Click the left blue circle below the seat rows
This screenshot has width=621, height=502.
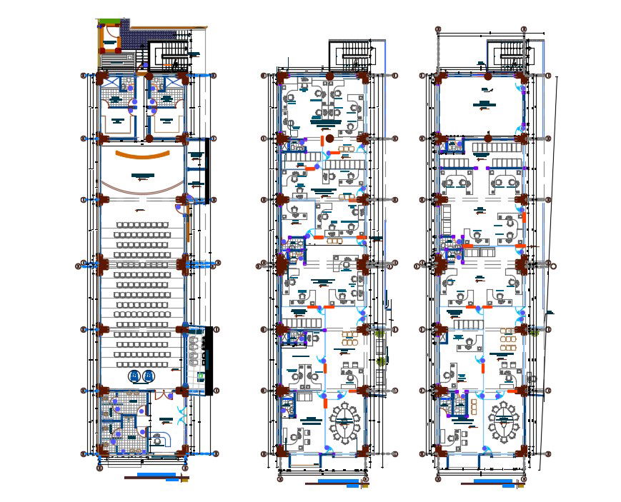pyautogui.click(x=134, y=376)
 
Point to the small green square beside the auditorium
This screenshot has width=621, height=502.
pyautogui.click(x=201, y=373)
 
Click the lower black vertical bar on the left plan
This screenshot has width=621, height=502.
pyautogui.click(x=208, y=361)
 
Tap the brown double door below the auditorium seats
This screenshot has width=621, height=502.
pyautogui.click(x=164, y=393)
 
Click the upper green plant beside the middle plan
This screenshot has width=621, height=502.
pyautogui.click(x=378, y=332)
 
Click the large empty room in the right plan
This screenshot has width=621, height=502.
pyautogui.click(x=482, y=103)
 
